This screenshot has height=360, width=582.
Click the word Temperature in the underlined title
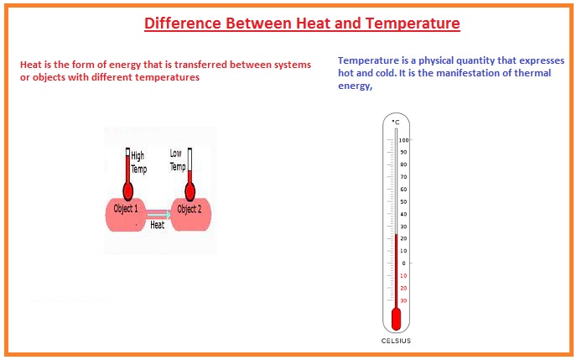[x=410, y=23]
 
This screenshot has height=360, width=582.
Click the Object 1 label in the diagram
[x=126, y=209]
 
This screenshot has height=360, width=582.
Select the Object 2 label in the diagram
[x=189, y=209]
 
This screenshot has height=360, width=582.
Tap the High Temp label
[x=138, y=162]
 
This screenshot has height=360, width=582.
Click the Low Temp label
[x=177, y=159]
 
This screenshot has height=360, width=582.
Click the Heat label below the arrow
[x=157, y=225]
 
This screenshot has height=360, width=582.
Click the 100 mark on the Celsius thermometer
[x=404, y=139]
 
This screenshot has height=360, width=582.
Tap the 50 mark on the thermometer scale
[x=403, y=201]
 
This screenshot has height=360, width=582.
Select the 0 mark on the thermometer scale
[x=403, y=263]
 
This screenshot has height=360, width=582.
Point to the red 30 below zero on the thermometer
[x=403, y=300]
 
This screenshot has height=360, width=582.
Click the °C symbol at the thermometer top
[x=396, y=123]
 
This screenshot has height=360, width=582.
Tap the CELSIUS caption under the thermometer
[x=396, y=341]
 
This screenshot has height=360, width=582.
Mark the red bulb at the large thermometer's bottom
[x=396, y=319]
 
